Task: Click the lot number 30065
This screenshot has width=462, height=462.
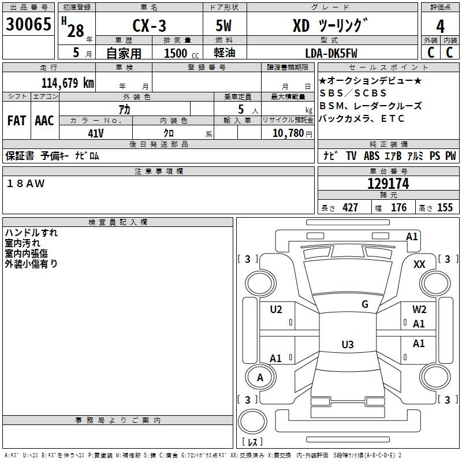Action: point(28,25)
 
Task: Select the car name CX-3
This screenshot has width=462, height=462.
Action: point(148,27)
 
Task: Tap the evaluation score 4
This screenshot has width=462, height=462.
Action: point(440,26)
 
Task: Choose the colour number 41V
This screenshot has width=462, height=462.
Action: point(96,132)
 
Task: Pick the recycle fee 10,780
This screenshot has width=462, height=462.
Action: point(287,133)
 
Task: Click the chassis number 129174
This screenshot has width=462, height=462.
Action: point(388,184)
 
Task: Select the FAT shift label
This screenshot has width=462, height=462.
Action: point(16,121)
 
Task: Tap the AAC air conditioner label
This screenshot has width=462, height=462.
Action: point(44,121)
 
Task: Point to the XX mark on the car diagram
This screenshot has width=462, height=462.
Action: point(420,264)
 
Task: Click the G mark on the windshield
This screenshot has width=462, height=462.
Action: point(365,304)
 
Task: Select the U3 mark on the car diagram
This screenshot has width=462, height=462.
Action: point(347,345)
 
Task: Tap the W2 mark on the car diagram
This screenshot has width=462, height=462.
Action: point(419,310)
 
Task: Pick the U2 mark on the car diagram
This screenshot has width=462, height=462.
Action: point(276,310)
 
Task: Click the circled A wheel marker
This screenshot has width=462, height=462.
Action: point(260,378)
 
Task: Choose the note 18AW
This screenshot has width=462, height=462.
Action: point(26,184)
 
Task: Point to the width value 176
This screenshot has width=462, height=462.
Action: point(398,208)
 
